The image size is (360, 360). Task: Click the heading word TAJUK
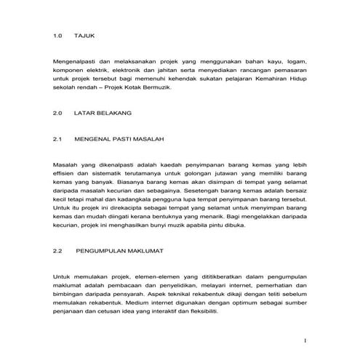tap(85, 35)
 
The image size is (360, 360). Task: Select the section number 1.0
tap(59, 35)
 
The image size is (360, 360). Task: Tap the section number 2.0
tap(59, 114)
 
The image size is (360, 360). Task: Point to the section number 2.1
tap(59, 137)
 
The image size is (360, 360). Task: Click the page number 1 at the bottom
tap(306, 340)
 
